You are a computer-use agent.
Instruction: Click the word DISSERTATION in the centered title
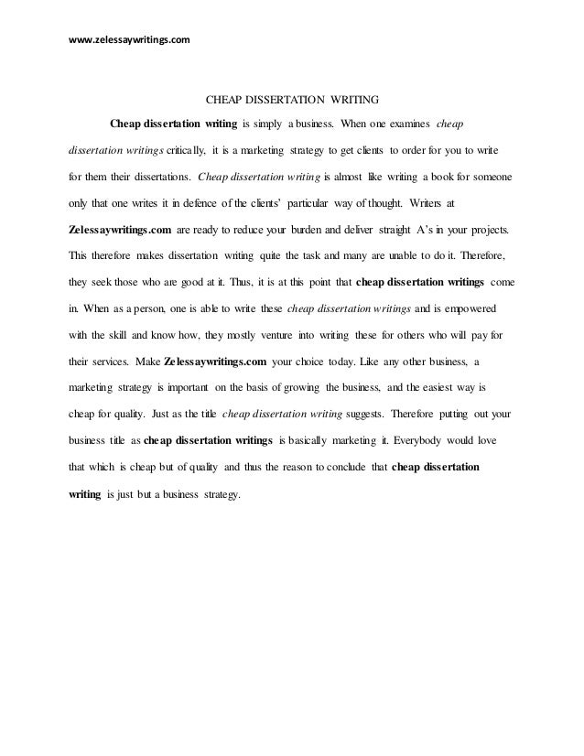[x=273, y=97]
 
